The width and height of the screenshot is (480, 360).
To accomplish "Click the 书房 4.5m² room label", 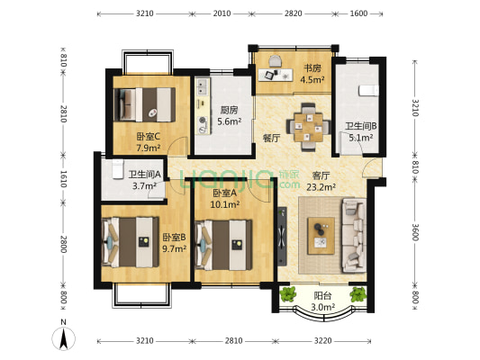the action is (312, 74).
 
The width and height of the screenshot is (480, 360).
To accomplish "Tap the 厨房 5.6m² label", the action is (230, 115).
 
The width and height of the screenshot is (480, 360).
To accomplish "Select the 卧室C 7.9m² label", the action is (149, 142).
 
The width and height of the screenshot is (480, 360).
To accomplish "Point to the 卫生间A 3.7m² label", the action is (144, 180).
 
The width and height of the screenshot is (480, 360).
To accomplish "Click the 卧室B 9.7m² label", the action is (174, 243).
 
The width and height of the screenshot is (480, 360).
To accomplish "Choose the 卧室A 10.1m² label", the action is (225, 199).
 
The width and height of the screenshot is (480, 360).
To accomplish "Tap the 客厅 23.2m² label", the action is (322, 181).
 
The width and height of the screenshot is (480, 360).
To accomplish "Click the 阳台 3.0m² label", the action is (322, 301).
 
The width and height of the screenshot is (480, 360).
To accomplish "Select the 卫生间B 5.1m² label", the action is (361, 131).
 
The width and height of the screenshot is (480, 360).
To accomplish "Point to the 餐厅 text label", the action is (272, 139).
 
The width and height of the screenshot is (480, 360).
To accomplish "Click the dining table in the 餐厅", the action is (309, 127).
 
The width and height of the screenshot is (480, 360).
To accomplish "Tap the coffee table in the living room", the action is (322, 236).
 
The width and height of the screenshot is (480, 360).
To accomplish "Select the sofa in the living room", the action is (354, 235).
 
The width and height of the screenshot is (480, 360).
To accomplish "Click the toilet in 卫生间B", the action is (368, 91).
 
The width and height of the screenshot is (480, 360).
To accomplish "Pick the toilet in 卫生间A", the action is (118, 169).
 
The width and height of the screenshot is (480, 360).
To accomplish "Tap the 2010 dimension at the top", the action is (222, 13).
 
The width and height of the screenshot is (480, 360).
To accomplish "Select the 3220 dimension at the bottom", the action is (323, 341).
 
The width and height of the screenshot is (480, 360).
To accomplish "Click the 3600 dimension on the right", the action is (415, 232).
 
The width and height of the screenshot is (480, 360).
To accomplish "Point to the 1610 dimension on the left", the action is (63, 179).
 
